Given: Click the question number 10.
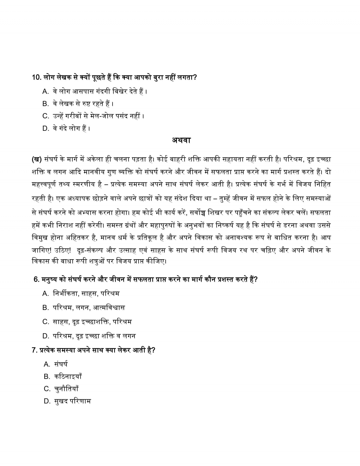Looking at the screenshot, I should pyautogui.click(x=36, y=77).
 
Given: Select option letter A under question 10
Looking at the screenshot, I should pyautogui.click(x=46, y=91).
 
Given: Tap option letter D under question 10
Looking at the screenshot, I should pyautogui.click(x=46, y=129).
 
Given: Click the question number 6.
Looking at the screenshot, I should pyautogui.click(x=36, y=280).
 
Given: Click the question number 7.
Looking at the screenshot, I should pyautogui.click(x=34, y=350).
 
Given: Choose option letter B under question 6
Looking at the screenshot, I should pyautogui.click(x=46, y=308).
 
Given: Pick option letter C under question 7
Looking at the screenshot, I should pyautogui.click(x=47, y=389).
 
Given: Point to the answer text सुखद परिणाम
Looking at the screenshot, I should pyautogui.click(x=72, y=401).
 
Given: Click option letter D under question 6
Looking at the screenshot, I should pyautogui.click(x=46, y=336).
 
